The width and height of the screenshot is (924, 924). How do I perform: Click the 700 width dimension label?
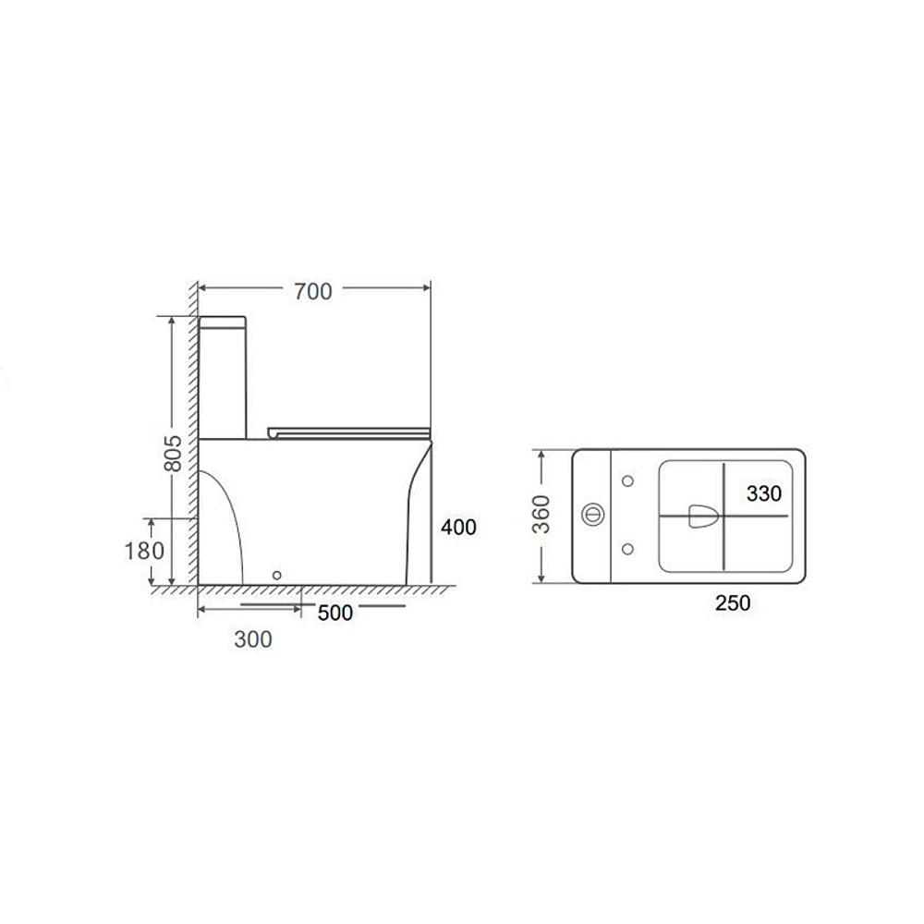[x=313, y=291]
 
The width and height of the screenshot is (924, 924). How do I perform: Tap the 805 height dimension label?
[x=173, y=453]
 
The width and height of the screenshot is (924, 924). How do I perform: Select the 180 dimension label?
[x=144, y=551]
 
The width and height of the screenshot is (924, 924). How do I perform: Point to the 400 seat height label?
[x=458, y=527]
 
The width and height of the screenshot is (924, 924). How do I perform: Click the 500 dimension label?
[x=335, y=613]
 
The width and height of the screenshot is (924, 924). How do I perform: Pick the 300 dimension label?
[x=253, y=639]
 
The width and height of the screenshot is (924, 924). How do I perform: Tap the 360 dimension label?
[x=541, y=515]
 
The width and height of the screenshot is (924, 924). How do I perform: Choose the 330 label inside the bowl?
[x=764, y=493]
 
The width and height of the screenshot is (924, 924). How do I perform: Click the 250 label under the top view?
[x=733, y=602]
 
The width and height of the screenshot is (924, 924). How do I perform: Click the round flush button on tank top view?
[x=593, y=515]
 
